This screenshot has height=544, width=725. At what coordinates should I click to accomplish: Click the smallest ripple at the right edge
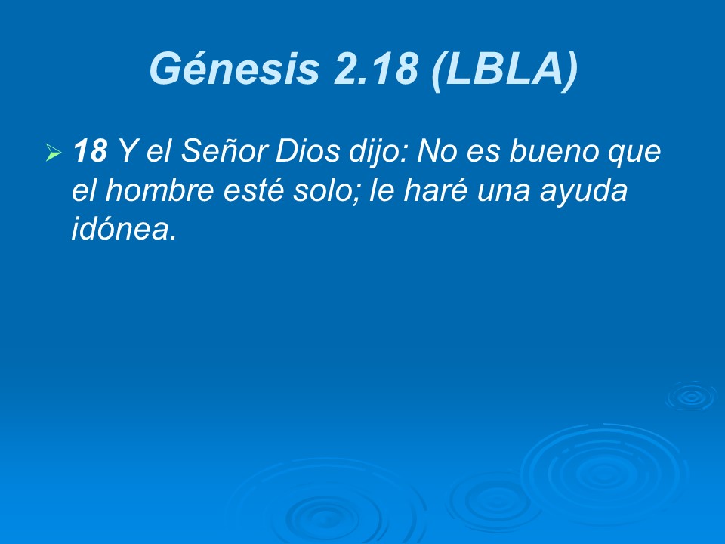(x=690, y=395)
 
